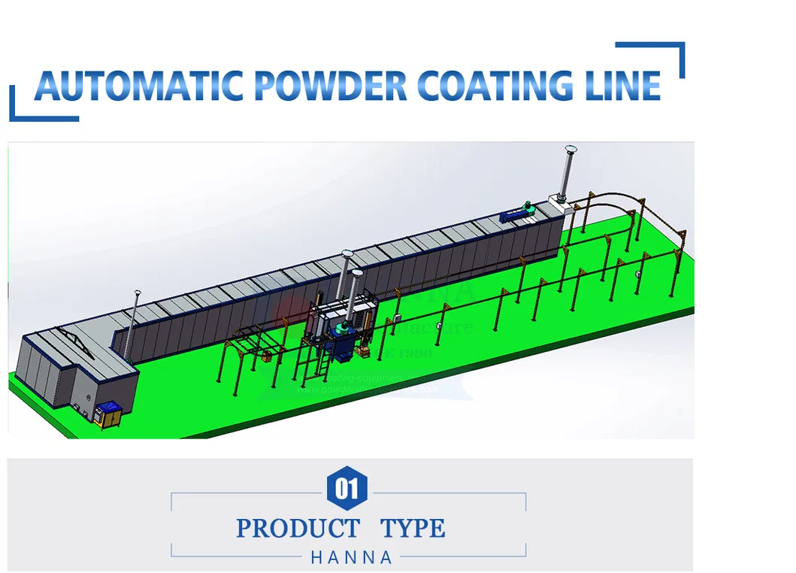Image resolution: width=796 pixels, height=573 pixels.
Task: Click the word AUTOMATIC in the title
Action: (x=138, y=86)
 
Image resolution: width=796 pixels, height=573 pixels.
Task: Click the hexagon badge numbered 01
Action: (x=347, y=490)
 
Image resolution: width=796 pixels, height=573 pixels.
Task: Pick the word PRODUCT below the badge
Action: (x=298, y=529)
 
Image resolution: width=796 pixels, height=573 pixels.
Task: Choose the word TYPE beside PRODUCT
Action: (x=413, y=529)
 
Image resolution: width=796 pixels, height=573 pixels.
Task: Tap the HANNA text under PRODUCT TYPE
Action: (x=351, y=558)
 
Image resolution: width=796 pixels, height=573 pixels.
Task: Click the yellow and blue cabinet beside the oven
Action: (x=110, y=415)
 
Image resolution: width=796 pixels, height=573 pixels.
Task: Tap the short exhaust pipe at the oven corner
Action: (x=136, y=323)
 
